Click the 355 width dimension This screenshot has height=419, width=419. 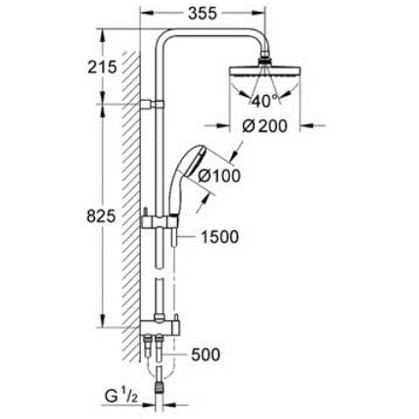pyautogui.click(x=203, y=14)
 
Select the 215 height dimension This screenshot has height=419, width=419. pyautogui.click(x=102, y=68)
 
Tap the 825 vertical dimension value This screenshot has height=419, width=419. pyautogui.click(x=101, y=216)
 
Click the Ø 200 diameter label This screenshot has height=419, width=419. pyautogui.click(x=264, y=126)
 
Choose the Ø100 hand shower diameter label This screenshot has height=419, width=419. pyautogui.click(x=219, y=176)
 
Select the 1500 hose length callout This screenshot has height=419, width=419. pyautogui.click(x=219, y=237)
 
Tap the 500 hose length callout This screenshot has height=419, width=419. pyautogui.click(x=206, y=354)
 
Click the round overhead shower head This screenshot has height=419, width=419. pyautogui.click(x=265, y=70)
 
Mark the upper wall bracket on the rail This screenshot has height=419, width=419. pyautogui.click(x=152, y=104)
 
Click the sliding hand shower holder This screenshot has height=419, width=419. pyautogui.click(x=160, y=222)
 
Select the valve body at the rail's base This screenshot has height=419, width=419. pyautogui.click(x=160, y=327)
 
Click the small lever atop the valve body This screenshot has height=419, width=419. pyautogui.click(x=175, y=317)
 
